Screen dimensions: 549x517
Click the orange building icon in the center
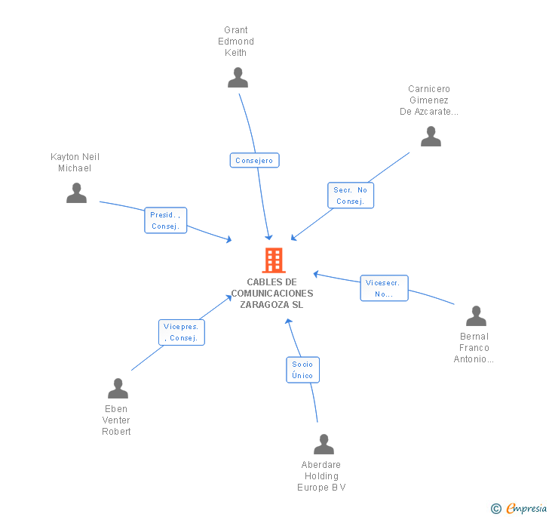click(x=273, y=260)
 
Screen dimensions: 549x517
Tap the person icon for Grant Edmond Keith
click(x=238, y=78)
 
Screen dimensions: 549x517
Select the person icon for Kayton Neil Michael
click(x=76, y=193)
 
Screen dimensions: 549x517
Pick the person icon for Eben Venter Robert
click(x=118, y=388)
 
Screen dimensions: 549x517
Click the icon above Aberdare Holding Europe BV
click(x=324, y=445)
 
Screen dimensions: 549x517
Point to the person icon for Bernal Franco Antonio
click(x=476, y=315)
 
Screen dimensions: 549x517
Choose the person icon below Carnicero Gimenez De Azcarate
click(x=431, y=137)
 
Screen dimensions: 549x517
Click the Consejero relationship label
click(x=254, y=160)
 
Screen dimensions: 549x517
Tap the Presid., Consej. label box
click(x=165, y=220)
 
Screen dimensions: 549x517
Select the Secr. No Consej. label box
click(x=351, y=195)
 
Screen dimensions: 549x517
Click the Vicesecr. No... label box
click(x=384, y=288)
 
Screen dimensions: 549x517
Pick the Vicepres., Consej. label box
click(x=182, y=332)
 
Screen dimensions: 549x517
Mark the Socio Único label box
click(x=302, y=369)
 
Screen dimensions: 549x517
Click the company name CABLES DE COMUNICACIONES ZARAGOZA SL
click(x=272, y=294)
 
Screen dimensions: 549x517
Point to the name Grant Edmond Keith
click(x=236, y=42)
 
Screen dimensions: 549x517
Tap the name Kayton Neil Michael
click(x=75, y=162)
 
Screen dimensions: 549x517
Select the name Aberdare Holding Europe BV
click(x=321, y=476)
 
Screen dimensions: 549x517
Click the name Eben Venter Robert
click(x=116, y=420)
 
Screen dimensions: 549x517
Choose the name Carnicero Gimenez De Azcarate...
click(x=428, y=100)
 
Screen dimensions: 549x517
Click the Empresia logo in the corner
click(x=520, y=509)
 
